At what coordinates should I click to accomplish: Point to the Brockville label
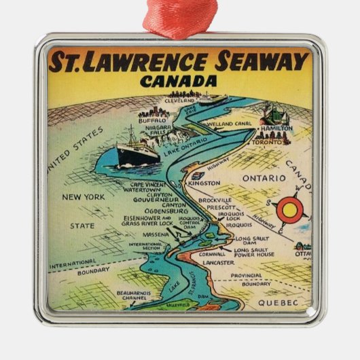point(215,200)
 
